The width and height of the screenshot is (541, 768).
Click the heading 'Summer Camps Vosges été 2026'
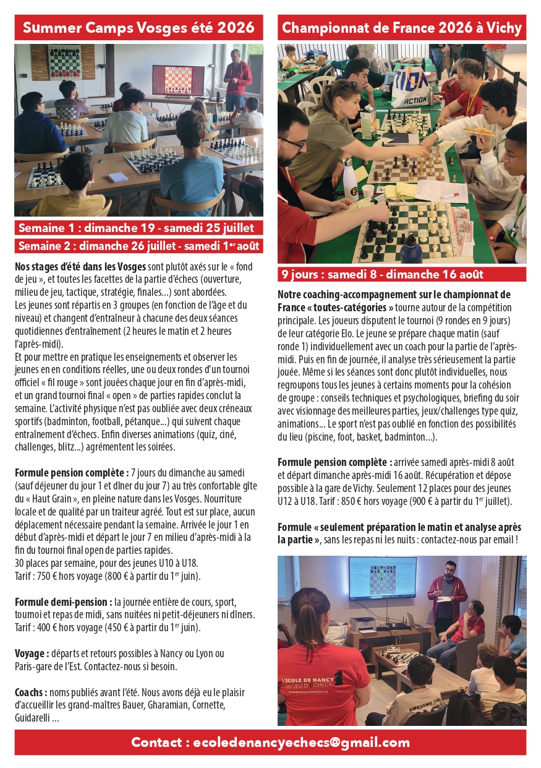(x=138, y=28)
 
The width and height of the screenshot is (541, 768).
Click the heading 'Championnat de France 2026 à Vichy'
(x=402, y=28)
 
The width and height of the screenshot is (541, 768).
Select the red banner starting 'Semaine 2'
(x=138, y=246)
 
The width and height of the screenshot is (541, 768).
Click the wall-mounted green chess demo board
(x=64, y=61)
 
